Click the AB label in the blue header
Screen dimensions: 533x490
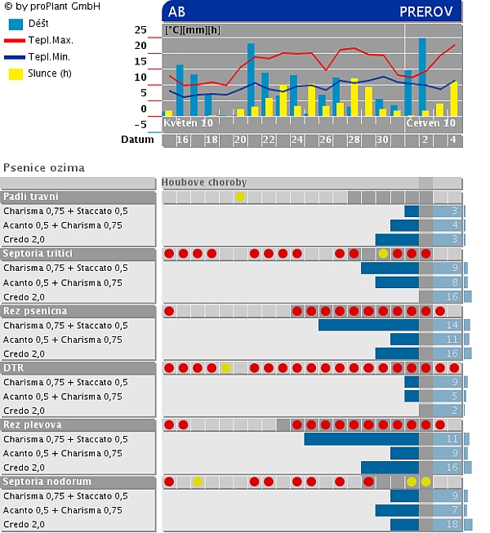tap(176, 11)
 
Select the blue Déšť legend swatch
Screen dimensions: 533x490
tap(16, 24)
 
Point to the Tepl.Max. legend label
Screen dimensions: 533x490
tap(51, 39)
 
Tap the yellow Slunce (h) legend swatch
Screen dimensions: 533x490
tap(16, 73)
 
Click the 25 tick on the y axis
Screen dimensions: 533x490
tap(140, 30)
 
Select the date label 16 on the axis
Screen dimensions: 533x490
tap(183, 140)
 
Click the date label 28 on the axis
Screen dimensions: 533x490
tap(354, 140)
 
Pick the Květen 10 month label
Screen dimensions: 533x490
tap(189, 122)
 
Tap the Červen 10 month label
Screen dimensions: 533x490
tap(431, 122)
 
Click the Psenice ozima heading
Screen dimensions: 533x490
tap(44, 167)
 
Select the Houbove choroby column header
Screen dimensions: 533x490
tap(204, 183)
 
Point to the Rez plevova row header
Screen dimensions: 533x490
tap(33, 425)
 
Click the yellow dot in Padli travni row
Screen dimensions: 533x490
tap(240, 197)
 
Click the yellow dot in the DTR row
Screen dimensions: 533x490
tap(226, 368)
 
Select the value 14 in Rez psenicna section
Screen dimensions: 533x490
tap(452, 325)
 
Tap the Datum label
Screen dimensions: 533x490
tap(137, 140)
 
